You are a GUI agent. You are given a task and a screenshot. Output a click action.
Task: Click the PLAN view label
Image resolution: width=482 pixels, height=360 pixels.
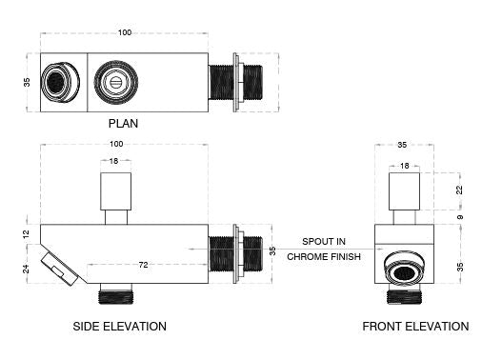click(123, 123)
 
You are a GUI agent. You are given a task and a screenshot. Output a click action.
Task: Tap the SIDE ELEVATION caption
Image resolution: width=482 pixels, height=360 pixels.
click(120, 327)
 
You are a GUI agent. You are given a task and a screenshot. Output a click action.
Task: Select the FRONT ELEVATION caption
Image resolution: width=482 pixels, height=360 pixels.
click(415, 327)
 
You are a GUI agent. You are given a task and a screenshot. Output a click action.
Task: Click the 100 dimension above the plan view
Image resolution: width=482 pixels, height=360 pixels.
click(125, 32)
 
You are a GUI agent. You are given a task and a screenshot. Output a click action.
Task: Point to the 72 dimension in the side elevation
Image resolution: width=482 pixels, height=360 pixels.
click(143, 265)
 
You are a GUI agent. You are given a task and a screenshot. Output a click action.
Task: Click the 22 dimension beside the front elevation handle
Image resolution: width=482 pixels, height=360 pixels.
click(459, 190)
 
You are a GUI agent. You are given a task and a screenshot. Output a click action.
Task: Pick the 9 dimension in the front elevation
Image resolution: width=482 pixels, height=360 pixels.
click(460, 217)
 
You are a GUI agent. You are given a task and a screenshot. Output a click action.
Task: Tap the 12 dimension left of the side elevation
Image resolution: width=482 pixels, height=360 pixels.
click(26, 234)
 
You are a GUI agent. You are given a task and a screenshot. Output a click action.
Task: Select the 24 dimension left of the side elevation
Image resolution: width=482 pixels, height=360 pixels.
click(26, 269)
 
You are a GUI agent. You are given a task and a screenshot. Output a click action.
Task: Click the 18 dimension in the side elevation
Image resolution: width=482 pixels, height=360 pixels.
click(113, 161)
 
